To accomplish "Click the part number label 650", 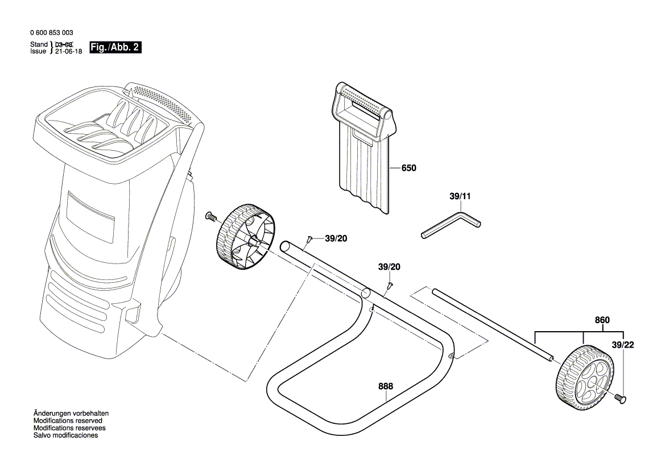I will [408, 168].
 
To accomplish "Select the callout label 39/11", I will [460, 196].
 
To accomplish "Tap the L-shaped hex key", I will [452, 224].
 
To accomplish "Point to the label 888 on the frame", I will [386, 386].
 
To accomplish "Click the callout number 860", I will [602, 320].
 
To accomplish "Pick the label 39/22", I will [623, 345].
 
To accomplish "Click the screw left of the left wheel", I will [210, 216].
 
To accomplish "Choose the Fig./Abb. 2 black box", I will [115, 48].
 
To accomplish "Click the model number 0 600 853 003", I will [50, 33].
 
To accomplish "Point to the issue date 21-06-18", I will [68, 51].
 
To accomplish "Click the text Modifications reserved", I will [68, 420].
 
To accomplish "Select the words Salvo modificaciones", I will [65, 435].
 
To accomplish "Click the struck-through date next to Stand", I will [64, 44].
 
